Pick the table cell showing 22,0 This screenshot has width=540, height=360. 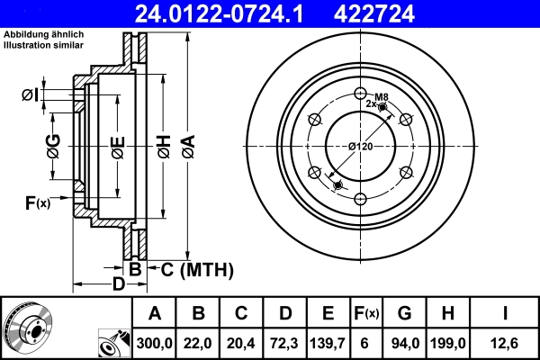point(198,342)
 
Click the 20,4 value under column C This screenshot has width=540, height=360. point(241,342)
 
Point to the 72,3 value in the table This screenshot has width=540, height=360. point(284,342)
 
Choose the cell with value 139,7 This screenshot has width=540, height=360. point(328,342)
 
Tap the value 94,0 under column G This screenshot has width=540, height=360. point(404,342)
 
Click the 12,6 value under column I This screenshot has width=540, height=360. point(505,342)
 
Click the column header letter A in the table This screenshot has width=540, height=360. point(155,313)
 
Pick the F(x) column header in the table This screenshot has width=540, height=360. point(366,313)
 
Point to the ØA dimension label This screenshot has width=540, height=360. point(187,143)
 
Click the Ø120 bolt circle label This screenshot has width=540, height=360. point(360,147)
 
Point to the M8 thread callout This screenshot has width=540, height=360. point(381,96)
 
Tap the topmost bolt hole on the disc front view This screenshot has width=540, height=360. point(361,93)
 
